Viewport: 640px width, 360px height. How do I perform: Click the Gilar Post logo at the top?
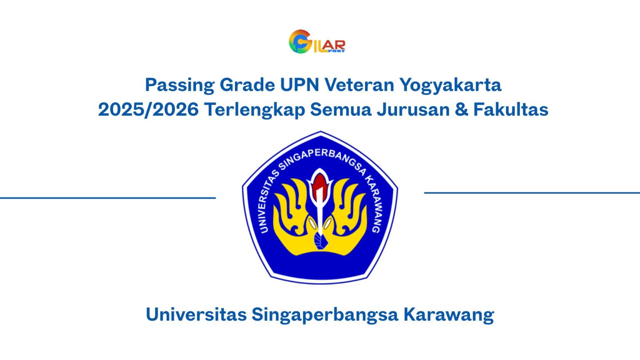coord(317,42)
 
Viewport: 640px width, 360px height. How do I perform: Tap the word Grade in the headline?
coord(247,85)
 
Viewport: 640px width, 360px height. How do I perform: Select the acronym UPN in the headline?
coord(299,85)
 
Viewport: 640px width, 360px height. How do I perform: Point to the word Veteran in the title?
coord(359,85)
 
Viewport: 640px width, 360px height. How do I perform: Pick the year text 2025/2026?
coord(148,110)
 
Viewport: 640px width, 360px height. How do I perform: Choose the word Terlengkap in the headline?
coord(255,110)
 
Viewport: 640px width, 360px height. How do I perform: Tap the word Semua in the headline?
coord(340,110)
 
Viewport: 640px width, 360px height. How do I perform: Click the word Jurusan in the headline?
coord(413,110)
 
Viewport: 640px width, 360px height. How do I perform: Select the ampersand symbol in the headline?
coord(461,110)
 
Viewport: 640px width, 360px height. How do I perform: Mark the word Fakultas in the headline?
coord(511,110)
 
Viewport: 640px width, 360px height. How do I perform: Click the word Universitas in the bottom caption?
coord(196,314)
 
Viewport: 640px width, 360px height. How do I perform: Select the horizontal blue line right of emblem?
coord(532,193)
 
